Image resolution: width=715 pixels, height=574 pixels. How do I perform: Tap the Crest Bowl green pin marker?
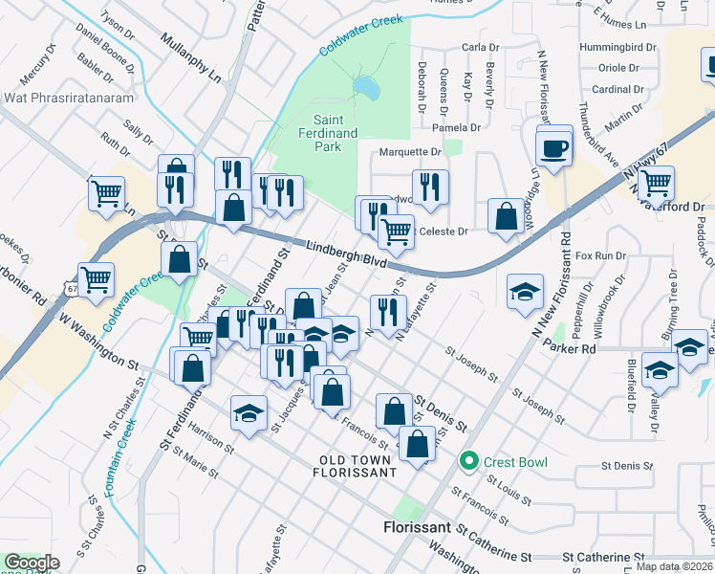[x=467, y=461]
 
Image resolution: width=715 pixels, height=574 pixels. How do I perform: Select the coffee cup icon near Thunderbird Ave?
[x=553, y=148]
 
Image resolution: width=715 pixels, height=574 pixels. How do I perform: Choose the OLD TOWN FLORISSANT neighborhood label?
[x=356, y=467]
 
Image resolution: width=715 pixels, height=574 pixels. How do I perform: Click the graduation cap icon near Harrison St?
[x=249, y=413]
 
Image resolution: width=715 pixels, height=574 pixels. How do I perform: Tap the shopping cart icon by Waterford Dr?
[x=656, y=182]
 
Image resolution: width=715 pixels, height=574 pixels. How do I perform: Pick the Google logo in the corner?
[x=32, y=563]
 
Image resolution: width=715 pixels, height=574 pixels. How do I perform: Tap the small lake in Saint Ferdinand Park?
[x=364, y=88]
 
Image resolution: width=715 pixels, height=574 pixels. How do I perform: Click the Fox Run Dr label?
[x=600, y=256]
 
